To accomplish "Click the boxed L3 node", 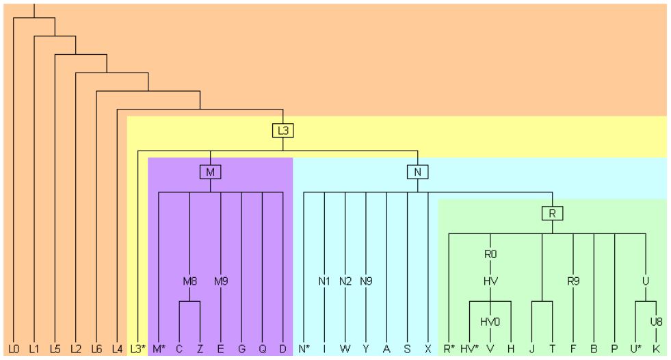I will (283, 130).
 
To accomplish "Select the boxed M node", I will (210, 172).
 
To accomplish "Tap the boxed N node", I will (417, 172).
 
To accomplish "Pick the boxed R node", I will (552, 214).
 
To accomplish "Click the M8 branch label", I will (189, 281).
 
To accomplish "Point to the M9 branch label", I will (220, 281).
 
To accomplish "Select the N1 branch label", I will (324, 281).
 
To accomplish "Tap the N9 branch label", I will (366, 281).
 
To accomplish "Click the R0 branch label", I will (490, 255).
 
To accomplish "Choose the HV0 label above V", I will (490, 322).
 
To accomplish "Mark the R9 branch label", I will (573, 281).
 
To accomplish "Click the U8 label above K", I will (656, 322).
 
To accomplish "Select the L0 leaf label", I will (14, 349).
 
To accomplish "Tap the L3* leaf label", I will (138, 349).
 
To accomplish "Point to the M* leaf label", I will (159, 349).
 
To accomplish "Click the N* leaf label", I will (304, 349).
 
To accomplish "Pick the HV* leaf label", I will (469, 349).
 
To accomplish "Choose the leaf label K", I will (656, 349).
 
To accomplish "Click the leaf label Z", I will (200, 349).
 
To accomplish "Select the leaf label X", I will (427, 349).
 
